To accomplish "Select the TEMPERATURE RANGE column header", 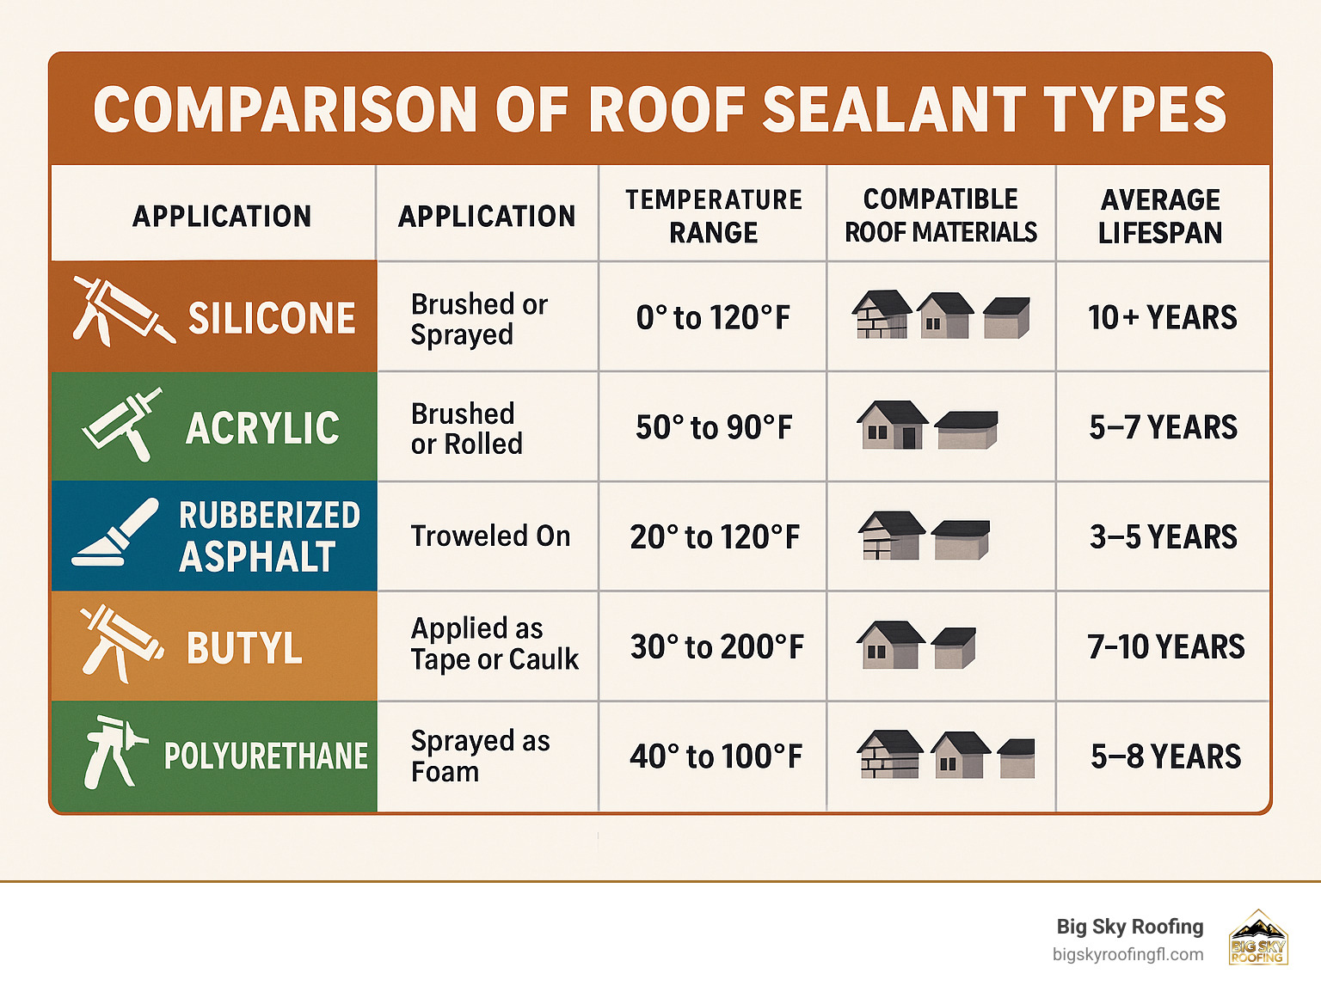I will click(713, 216).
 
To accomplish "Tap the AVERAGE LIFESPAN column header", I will click(1160, 216).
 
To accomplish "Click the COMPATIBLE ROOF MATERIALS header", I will click(941, 216).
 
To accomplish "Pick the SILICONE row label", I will click(272, 318).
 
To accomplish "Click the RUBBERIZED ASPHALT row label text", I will click(268, 536).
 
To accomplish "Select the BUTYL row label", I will click(244, 647).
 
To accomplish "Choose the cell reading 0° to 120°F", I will click(713, 318).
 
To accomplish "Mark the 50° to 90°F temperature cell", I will click(714, 427).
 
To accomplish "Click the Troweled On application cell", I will click(490, 536).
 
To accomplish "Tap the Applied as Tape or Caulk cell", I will click(494, 644).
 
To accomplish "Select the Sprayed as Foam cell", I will click(480, 756).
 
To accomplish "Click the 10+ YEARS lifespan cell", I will click(1162, 318).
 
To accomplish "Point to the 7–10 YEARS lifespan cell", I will click(1165, 646).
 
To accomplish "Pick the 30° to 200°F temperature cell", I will click(716, 646).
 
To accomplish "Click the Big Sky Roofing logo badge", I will click(1257, 938).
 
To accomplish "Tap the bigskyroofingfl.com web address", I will click(1127, 954).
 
